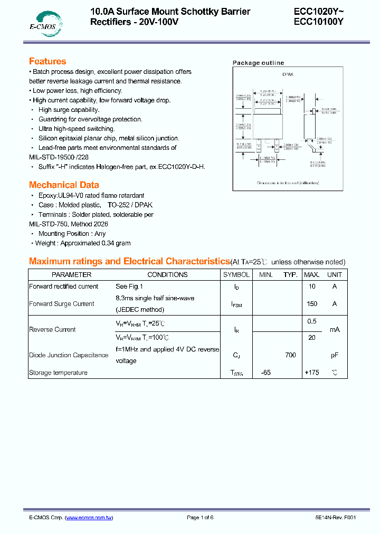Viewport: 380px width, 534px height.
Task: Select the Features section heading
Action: [x=47, y=61]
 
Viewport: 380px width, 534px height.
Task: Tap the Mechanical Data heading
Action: [x=64, y=185]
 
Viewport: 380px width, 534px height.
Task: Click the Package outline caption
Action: [x=258, y=63]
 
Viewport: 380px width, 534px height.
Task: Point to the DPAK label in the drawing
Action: [x=288, y=75]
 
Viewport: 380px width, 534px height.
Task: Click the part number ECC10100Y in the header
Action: [x=319, y=22]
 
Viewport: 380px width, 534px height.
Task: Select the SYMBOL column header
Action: [x=236, y=274]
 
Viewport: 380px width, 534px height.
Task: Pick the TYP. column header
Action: [x=290, y=274]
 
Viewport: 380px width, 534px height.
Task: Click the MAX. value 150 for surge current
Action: [x=312, y=304]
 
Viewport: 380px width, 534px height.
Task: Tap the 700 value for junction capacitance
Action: [x=290, y=355]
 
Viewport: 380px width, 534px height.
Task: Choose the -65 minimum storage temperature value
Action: [x=265, y=373]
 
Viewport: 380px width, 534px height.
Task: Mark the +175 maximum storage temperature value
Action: [x=312, y=373]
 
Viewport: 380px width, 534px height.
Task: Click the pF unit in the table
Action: [x=335, y=355]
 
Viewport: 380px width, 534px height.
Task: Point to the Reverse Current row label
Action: [x=52, y=329]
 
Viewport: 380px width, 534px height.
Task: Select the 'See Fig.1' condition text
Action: [x=129, y=287]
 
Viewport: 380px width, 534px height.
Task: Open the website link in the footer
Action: [x=89, y=518]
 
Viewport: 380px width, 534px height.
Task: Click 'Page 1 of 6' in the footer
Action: [x=200, y=518]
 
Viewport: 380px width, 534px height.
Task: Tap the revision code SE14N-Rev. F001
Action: [x=332, y=518]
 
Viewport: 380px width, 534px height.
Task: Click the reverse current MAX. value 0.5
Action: [x=312, y=321]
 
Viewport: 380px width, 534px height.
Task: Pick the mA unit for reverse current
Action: [x=335, y=329]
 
